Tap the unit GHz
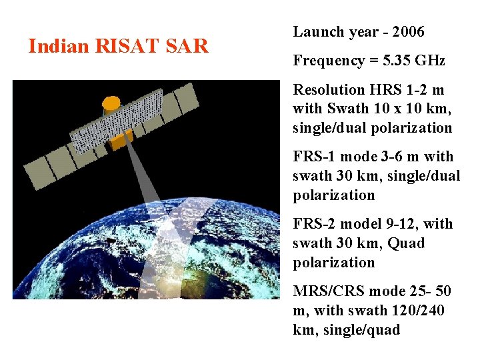431,61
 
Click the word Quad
407,243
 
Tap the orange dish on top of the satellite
111,103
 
